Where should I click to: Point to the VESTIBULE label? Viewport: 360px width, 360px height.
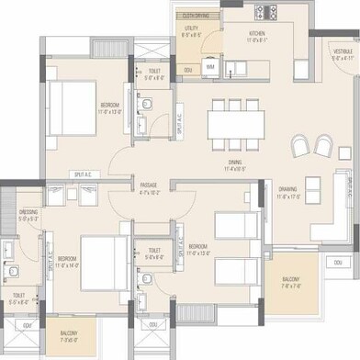point(343,51)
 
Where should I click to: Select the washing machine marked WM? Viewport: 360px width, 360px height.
point(210,67)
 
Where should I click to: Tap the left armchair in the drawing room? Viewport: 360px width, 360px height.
point(301,146)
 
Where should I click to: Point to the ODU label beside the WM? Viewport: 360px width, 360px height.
point(187,71)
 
